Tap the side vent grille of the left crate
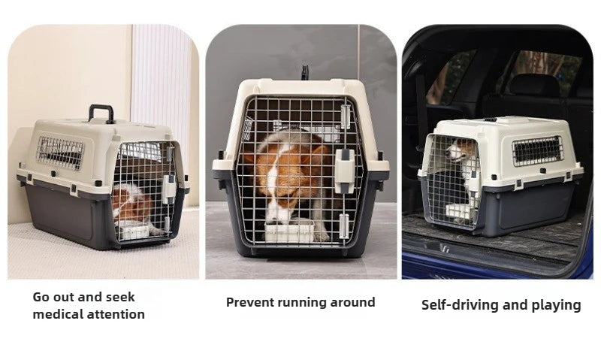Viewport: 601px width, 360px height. pos(60,153)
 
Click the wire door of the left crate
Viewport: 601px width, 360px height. pos(143,192)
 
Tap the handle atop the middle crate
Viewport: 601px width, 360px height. pos(306,72)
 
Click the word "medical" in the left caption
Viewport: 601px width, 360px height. pos(60,314)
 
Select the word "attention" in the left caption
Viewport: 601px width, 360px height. pos(116,314)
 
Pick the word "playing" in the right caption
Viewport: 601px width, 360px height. pos(555,305)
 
